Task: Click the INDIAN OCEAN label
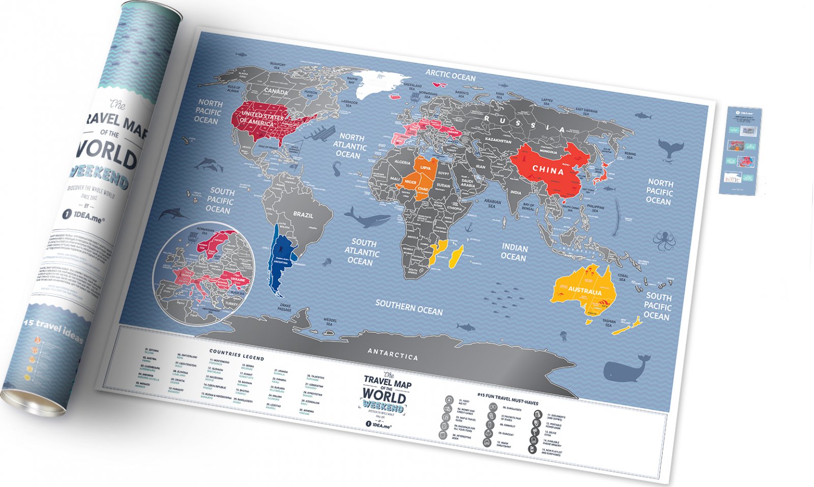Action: (x=514, y=252)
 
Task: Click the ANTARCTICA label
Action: (x=392, y=354)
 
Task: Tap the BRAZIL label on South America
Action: (x=303, y=214)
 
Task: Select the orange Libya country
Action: (x=425, y=168)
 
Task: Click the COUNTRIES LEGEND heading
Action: (x=237, y=354)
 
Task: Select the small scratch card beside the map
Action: (x=740, y=151)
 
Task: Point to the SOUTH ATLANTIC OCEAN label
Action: (x=362, y=252)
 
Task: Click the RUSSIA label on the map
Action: (x=525, y=124)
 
